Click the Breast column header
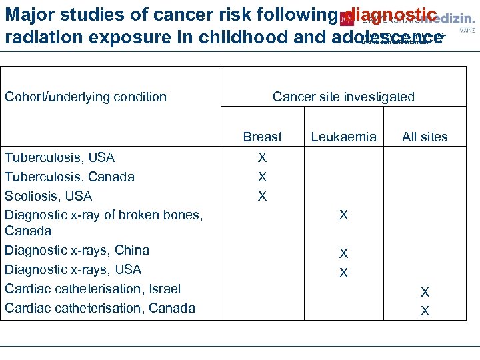pyautogui.click(x=262, y=137)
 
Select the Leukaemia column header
pyautogui.click(x=343, y=137)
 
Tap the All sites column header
pyautogui.click(x=425, y=137)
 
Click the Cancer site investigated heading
pyautogui.click(x=343, y=97)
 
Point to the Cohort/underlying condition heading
pyautogui.click(x=85, y=97)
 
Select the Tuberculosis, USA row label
pyautogui.click(x=60, y=157)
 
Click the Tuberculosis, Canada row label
pyautogui.click(x=69, y=177)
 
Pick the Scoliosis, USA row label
pyautogui.click(x=49, y=196)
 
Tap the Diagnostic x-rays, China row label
pyautogui.click(x=77, y=250)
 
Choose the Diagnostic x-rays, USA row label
pyautogui.click(x=73, y=269)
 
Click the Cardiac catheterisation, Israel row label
pyautogui.click(x=93, y=289)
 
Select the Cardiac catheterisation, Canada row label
pyautogui.click(x=100, y=308)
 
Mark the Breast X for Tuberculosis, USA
pyautogui.click(x=262, y=157)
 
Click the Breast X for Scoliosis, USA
pyautogui.click(x=262, y=196)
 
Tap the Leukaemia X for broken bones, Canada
pyautogui.click(x=343, y=215)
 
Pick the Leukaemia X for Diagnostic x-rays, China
pyautogui.click(x=343, y=253)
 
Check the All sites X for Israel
pyautogui.click(x=425, y=292)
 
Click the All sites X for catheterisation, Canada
pyautogui.click(x=425, y=311)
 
